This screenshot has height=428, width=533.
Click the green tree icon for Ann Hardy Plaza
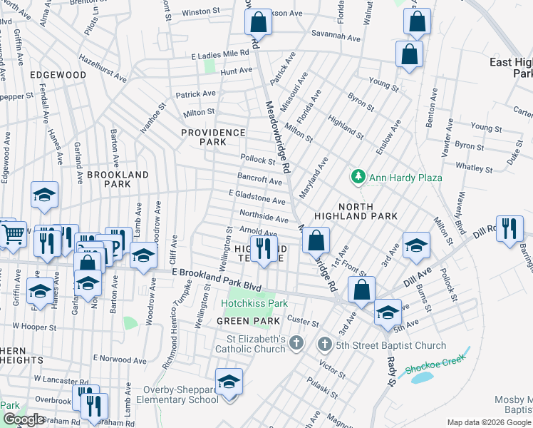(357, 176)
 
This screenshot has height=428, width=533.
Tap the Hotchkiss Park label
(253, 303)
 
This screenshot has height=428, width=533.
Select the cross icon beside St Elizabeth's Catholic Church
(296, 345)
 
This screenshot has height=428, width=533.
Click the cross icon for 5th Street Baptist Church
(324, 345)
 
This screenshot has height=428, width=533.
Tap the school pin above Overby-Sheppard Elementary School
(229, 382)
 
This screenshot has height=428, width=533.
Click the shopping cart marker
(12, 233)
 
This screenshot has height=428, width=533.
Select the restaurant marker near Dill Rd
(509, 228)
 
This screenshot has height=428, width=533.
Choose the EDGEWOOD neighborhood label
(58, 75)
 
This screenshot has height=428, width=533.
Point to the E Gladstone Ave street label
(257, 198)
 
